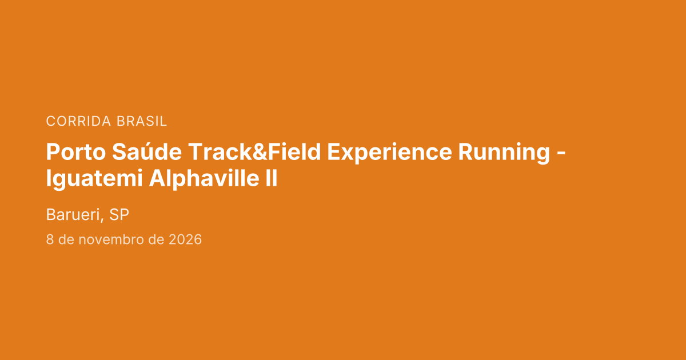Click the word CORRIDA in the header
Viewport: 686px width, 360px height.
[78, 121]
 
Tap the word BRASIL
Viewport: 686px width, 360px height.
[142, 121]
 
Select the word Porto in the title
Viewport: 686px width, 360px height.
[76, 152]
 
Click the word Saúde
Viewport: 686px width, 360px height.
[147, 151]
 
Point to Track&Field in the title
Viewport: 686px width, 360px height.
[254, 151]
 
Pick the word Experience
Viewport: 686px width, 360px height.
[389, 153]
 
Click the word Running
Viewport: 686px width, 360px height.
[504, 153]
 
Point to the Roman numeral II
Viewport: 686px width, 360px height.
[272, 178]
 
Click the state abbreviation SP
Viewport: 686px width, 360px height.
[119, 215]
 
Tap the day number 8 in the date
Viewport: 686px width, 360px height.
[50, 239]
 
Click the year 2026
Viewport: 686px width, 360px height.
[185, 239]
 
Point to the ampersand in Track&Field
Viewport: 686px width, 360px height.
[260, 152]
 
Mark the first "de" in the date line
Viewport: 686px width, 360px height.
[66, 239]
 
